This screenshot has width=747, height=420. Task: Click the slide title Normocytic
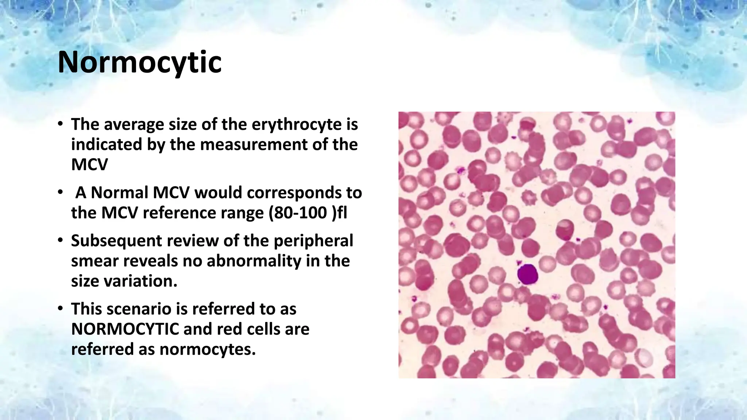click(140, 62)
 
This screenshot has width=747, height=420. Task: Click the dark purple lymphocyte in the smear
click(528, 274)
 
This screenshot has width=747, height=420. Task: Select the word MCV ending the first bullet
click(90, 164)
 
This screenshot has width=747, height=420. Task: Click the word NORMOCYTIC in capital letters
click(125, 329)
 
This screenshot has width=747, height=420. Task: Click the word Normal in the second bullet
click(119, 192)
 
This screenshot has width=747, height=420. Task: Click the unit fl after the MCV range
click(341, 213)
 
